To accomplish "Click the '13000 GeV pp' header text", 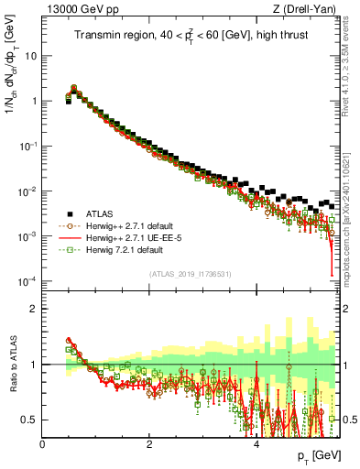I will tap(79, 9).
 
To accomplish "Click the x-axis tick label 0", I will tap(42, 443).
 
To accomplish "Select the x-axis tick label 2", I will tap(149, 443).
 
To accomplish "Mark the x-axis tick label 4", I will tap(256, 443).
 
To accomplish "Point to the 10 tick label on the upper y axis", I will tap(30, 56).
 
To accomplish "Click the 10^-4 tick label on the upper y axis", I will tap(27, 281).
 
